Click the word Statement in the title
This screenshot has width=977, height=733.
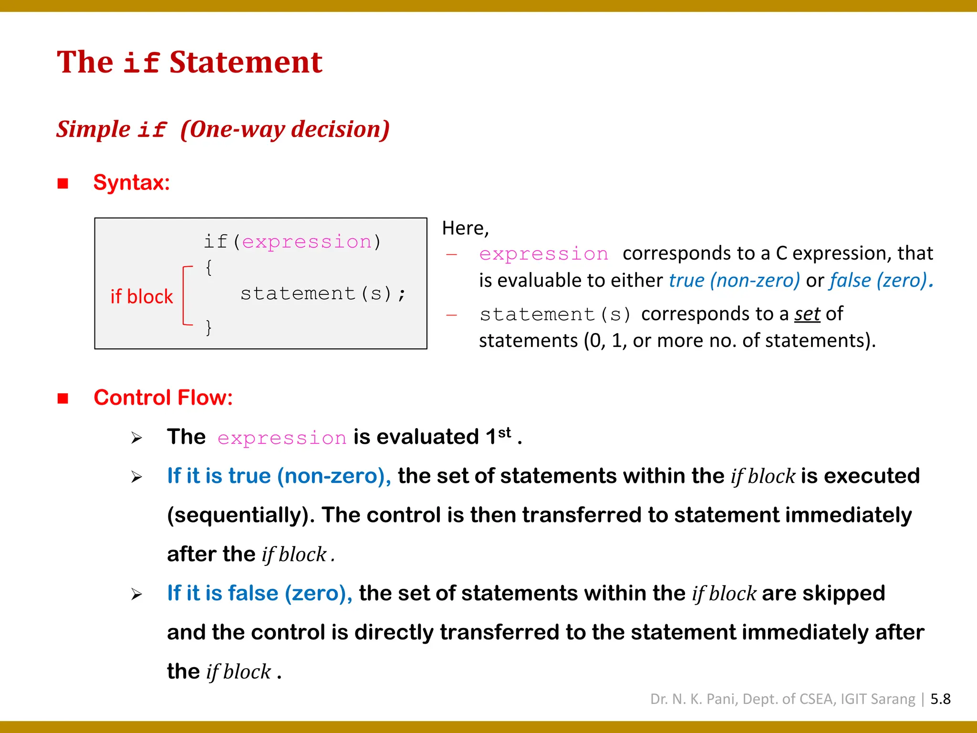(246, 63)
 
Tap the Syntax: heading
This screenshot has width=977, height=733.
(132, 182)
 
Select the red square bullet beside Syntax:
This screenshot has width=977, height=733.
(63, 183)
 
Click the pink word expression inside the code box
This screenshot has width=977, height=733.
(307, 242)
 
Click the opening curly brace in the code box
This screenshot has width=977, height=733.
(208, 267)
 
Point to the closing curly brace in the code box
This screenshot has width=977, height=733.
(208, 327)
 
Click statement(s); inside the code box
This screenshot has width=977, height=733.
(323, 293)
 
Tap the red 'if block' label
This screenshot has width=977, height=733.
(141, 297)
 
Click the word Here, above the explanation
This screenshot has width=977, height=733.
(465, 228)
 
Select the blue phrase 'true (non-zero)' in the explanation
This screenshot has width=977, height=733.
(734, 281)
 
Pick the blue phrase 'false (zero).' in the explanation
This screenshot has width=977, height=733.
(881, 281)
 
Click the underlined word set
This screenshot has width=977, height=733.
(807, 314)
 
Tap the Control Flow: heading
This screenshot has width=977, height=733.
(163, 398)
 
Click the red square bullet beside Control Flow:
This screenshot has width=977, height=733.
(63, 398)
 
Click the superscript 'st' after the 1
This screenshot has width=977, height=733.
(504, 432)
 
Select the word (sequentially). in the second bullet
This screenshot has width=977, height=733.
(240, 515)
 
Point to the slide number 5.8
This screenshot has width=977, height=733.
(940, 699)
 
